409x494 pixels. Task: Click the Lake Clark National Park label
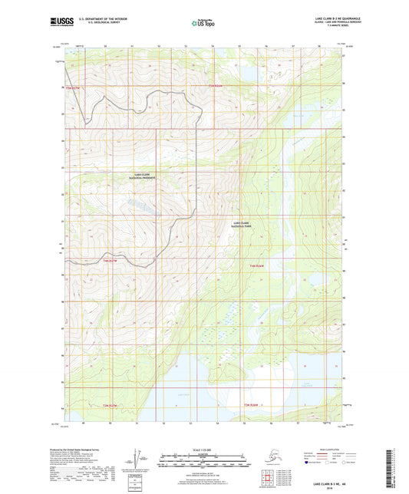(241, 225)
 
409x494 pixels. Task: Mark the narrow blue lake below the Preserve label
(137, 205)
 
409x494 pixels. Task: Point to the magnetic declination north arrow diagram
(137, 459)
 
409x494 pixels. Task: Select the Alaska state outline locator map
(266, 459)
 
